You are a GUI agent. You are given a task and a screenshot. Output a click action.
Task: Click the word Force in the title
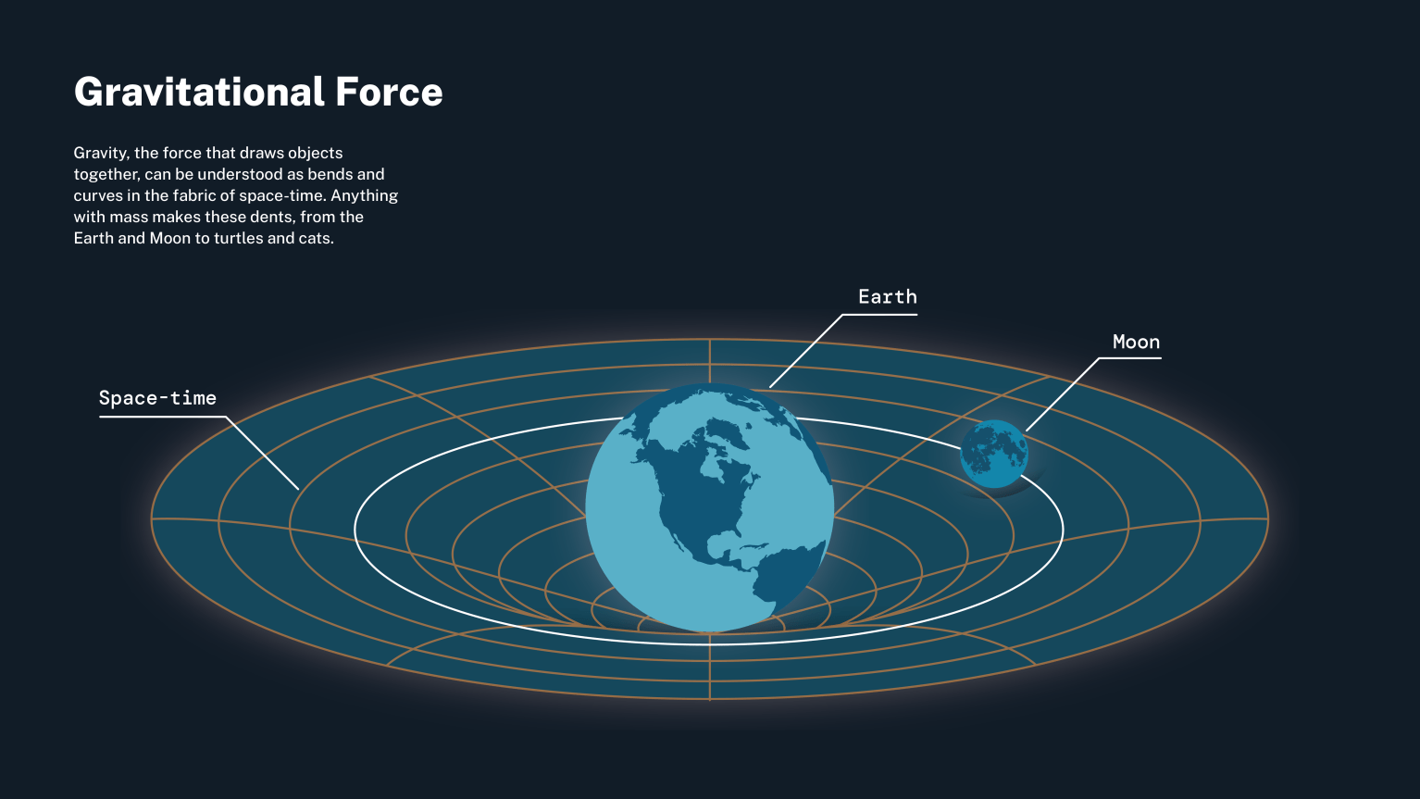(x=389, y=93)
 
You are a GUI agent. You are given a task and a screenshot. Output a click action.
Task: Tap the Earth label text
(x=887, y=297)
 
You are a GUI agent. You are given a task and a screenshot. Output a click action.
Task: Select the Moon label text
(x=1136, y=343)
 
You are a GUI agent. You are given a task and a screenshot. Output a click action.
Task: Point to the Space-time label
(x=157, y=398)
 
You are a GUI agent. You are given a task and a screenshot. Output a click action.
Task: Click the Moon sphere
(x=993, y=454)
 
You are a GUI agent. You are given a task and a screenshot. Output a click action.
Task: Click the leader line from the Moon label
(x=1062, y=394)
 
